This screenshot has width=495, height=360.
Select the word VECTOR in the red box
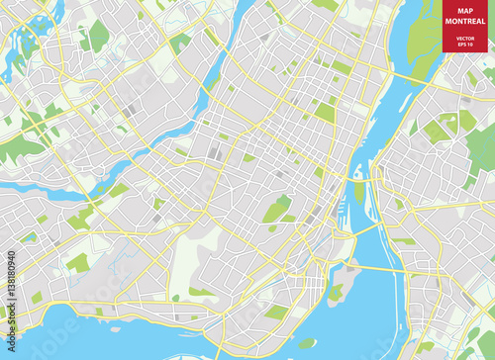point(465,38)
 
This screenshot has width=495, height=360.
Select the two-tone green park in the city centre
point(278,210)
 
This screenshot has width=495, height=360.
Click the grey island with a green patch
point(338,292)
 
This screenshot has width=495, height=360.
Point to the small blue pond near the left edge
point(31,237)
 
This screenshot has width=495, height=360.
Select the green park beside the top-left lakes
point(98,37)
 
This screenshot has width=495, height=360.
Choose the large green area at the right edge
point(480,148)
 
